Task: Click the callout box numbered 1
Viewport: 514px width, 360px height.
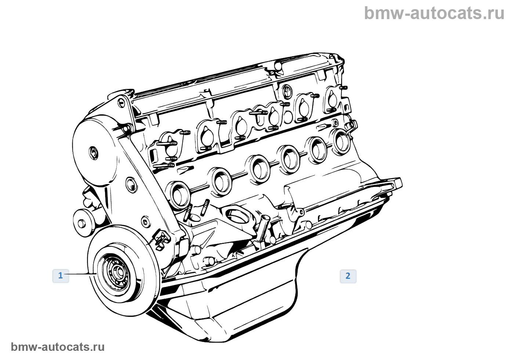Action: point(61,276)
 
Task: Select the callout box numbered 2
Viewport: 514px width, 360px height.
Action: point(348,276)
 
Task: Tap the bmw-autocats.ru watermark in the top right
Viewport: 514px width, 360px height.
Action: point(434,13)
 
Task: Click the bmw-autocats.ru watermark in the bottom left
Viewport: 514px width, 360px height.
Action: point(58,347)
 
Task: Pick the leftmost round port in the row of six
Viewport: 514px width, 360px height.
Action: point(179,194)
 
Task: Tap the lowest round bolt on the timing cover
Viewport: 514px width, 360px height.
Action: point(146,222)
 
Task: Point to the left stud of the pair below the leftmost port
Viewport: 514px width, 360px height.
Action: point(188,213)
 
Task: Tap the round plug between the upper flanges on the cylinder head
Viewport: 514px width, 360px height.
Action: point(288,116)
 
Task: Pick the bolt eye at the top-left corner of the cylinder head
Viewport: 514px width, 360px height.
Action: point(122,101)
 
